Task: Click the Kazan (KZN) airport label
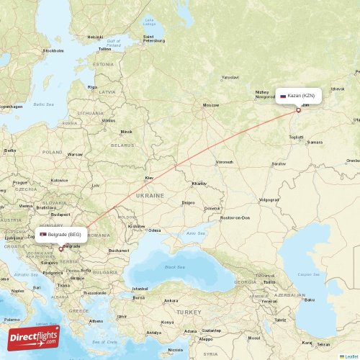click(x=301, y=95)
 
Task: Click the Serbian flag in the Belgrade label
click(x=43, y=235)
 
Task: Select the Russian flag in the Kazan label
click(x=283, y=95)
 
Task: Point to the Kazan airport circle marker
click(x=298, y=110)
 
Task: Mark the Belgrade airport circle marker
click(x=60, y=249)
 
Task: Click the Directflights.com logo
click(x=34, y=337)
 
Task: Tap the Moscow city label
click(x=210, y=105)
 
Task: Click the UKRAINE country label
click(x=151, y=195)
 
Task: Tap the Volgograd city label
click(x=269, y=199)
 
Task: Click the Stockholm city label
click(x=53, y=51)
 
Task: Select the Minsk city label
click(x=127, y=132)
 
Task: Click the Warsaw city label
click(x=75, y=154)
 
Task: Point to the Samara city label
click(x=314, y=143)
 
